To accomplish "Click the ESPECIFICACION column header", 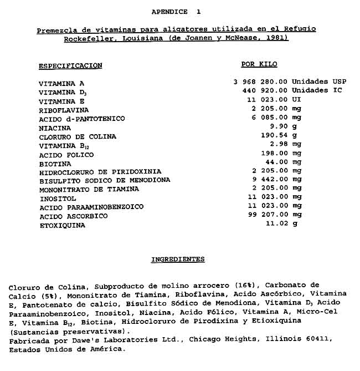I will [x=70, y=65].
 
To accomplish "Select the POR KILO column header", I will [x=259, y=64].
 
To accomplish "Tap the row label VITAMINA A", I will [x=58, y=83].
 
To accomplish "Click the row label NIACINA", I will [x=55, y=128].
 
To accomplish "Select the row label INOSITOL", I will [x=58, y=199].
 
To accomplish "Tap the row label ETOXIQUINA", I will [x=61, y=226].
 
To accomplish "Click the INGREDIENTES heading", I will [x=178, y=260].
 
